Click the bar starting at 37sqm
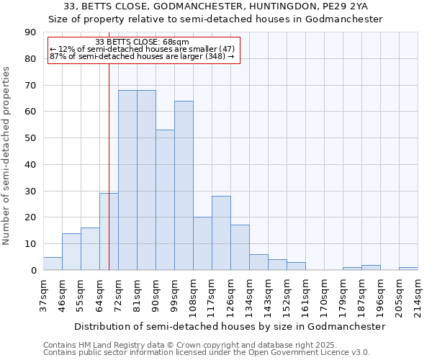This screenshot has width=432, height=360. coord(53,264)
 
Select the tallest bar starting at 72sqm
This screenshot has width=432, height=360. coord(127,180)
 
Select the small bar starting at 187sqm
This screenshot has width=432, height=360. coord(371,268)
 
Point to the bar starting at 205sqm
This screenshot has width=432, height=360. coord(408,269)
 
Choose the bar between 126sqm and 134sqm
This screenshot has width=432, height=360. coord(240,248)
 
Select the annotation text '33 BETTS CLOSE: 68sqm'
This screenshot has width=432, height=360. coord(142,42)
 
